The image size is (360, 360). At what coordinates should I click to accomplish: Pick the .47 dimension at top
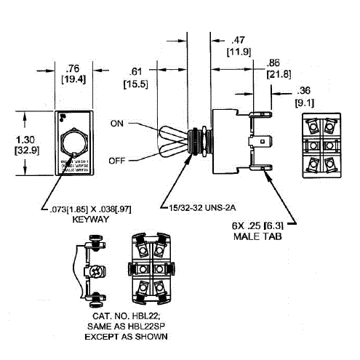coord(237,41)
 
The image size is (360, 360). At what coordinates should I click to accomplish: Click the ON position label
coord(118,123)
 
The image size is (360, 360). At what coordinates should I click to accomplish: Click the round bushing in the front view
coord(74,141)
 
